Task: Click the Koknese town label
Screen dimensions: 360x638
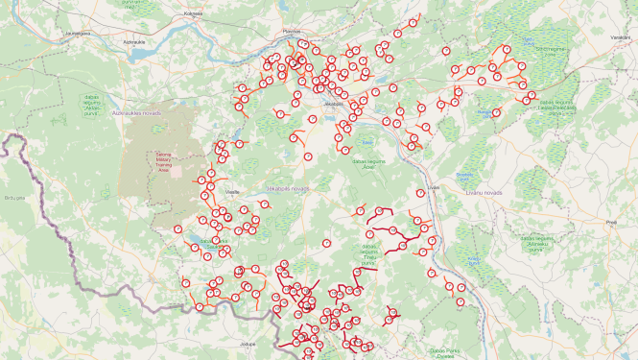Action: click(193, 13)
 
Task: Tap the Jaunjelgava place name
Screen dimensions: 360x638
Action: click(77, 33)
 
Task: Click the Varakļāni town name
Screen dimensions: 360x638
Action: click(620, 36)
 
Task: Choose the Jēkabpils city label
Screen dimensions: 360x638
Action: click(334, 102)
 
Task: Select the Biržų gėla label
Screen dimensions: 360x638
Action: click(14, 197)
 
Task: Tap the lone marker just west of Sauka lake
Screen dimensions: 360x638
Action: click(179, 229)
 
